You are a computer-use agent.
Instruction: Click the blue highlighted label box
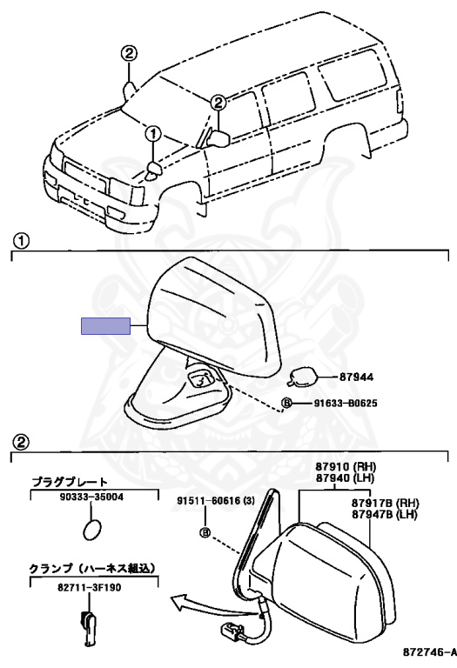(x=105, y=326)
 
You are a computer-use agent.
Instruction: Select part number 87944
(x=356, y=377)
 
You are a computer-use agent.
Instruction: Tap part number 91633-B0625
(x=346, y=403)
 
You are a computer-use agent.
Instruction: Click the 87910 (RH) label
(x=346, y=467)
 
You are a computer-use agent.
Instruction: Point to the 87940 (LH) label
(x=345, y=478)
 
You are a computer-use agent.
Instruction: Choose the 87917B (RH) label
(x=386, y=503)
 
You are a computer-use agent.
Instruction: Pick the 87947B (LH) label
(x=385, y=514)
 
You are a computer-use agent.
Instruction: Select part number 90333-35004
(x=91, y=498)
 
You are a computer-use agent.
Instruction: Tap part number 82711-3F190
(x=90, y=587)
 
